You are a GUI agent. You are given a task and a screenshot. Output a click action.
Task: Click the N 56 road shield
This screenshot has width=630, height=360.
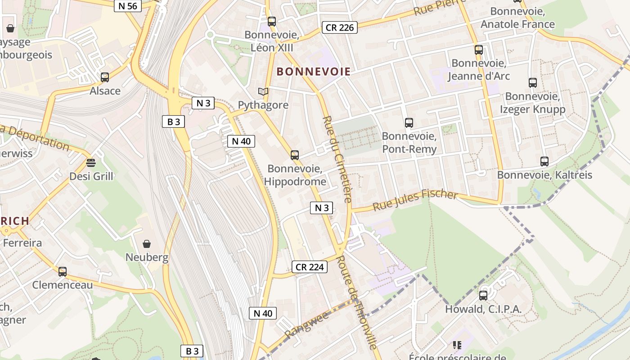click(128, 5)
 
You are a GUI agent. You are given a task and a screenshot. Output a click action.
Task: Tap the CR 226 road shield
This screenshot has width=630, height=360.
click(340, 27)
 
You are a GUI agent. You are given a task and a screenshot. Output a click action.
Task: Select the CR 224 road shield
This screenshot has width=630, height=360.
click(310, 267)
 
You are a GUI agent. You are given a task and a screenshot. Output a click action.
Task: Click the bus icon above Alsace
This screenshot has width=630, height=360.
click(105, 77)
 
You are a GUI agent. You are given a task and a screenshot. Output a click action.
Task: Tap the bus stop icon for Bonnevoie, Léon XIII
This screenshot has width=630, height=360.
click(272, 21)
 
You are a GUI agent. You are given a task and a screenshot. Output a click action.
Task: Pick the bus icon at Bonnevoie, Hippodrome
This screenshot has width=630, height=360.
click(295, 155)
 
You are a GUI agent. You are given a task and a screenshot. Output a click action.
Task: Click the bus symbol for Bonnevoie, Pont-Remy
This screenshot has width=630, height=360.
click(409, 122)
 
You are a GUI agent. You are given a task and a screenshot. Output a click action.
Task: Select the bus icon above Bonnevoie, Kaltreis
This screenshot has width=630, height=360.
click(544, 161)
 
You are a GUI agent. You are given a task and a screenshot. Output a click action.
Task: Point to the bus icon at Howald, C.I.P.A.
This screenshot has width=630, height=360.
click(483, 296)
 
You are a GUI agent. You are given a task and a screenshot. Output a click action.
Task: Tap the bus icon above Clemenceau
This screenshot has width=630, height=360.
click(63, 271)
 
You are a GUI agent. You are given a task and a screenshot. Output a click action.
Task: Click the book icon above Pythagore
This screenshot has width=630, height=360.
click(263, 91)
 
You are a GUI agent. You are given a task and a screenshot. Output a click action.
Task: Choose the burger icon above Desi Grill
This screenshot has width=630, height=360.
click(91, 162)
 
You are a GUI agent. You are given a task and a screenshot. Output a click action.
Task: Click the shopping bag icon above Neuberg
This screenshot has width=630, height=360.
click(147, 244)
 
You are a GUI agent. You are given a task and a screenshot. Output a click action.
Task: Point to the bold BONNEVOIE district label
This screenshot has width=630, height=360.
click(313, 71)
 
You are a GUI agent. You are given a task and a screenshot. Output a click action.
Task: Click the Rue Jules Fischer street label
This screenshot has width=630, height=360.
click(415, 201)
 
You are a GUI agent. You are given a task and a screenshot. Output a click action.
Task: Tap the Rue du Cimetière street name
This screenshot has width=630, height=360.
click(337, 159)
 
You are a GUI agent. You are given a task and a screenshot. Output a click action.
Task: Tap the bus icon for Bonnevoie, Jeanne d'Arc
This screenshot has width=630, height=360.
click(479, 49)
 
